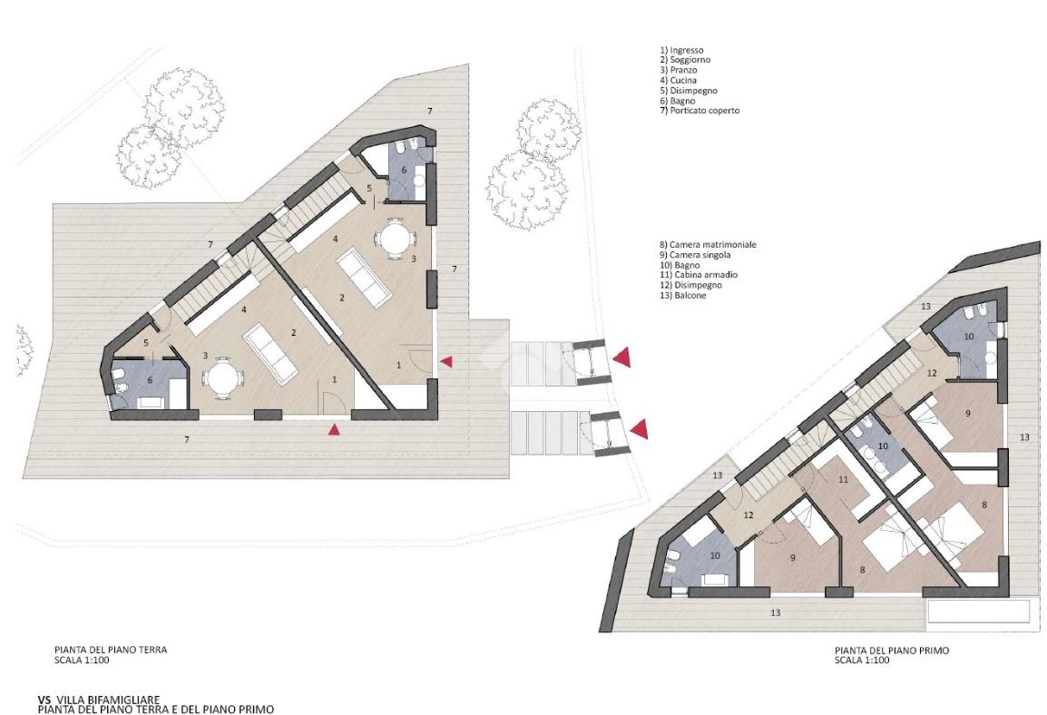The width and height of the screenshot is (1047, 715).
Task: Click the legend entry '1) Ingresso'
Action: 681,50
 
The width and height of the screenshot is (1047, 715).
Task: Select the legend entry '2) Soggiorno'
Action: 685,60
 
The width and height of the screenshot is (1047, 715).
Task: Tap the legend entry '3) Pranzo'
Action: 679,70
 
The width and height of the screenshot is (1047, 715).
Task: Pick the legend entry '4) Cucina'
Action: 679,80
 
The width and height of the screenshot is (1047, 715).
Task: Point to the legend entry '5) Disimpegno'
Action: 689,90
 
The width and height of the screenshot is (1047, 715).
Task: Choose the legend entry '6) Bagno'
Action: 677,101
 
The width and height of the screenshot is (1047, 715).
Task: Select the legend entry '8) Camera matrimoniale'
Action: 707,245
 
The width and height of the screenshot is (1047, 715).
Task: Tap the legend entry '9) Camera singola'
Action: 694,255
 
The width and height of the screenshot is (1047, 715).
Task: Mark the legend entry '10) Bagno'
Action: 679,265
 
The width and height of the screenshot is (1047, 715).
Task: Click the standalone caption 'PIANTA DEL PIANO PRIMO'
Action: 892,651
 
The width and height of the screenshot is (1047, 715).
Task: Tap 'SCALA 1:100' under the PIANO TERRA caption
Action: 82,661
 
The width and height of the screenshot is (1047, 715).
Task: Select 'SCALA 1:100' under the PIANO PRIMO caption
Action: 862,661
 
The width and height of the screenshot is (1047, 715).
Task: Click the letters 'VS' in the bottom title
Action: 44,700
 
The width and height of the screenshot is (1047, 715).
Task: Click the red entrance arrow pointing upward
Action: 334,429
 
